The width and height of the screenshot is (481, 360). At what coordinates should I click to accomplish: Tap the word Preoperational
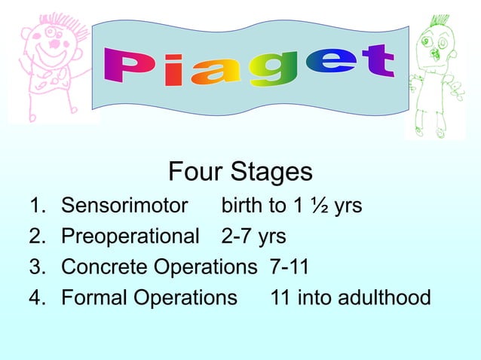(130, 236)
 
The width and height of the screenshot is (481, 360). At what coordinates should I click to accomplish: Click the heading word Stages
(273, 172)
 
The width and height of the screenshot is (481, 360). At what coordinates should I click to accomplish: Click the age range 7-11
(289, 267)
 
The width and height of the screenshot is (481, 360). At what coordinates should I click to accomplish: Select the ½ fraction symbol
(320, 206)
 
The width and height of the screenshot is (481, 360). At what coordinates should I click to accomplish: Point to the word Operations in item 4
(185, 298)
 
